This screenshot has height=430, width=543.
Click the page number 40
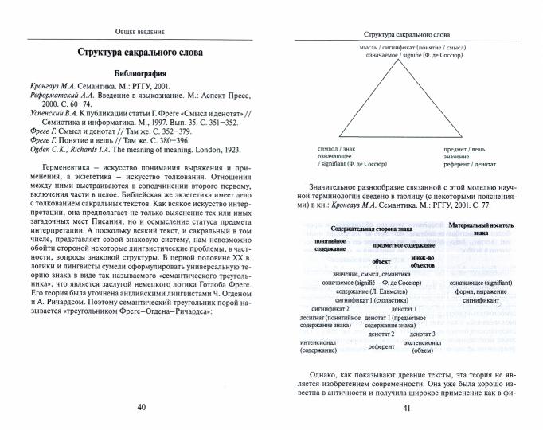coord(142,408)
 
